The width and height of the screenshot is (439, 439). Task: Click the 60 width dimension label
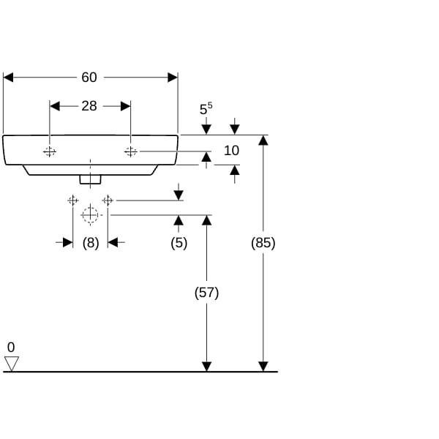89,78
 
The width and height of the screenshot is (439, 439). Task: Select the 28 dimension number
89,106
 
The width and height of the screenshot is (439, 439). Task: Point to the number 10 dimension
231,151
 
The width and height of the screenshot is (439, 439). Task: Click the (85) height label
263,243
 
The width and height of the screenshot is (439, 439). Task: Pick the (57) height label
206,293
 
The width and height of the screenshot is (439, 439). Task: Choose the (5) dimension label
179,243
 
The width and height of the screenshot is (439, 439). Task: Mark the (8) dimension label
90,243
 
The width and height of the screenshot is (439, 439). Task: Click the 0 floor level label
11,347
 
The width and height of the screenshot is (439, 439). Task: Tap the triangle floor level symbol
11,363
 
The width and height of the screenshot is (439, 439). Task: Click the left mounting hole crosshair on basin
50,151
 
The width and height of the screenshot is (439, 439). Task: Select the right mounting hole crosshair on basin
130,151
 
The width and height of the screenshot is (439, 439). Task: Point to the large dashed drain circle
89,215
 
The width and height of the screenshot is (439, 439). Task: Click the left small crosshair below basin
72,200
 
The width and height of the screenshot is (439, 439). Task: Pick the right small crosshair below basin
108,200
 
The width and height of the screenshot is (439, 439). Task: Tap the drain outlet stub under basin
89,178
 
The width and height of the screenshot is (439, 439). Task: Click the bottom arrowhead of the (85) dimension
263,366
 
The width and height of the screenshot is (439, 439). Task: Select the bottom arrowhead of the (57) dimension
207,366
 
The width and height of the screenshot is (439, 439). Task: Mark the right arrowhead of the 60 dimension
173,78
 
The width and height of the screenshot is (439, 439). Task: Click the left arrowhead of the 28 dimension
54,106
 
